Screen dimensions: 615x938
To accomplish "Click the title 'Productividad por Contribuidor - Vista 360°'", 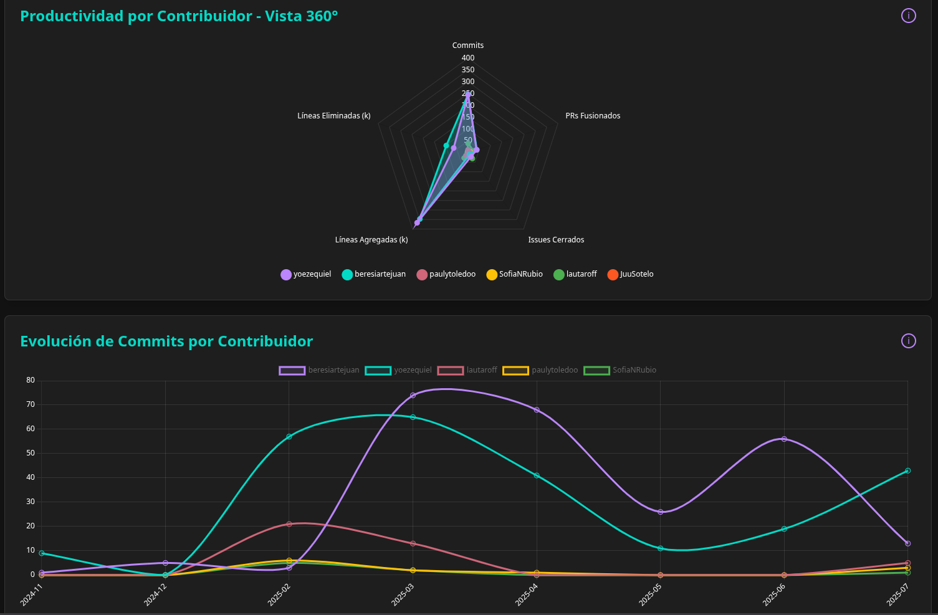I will coord(179,16).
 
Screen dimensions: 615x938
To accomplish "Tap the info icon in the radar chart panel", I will coord(908,16).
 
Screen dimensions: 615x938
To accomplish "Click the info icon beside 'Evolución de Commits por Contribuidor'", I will coord(908,341).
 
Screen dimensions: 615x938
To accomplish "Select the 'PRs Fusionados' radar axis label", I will coord(592,116).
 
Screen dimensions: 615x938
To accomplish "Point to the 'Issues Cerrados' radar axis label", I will coord(556,240).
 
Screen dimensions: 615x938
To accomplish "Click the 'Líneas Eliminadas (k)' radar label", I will coord(333,116).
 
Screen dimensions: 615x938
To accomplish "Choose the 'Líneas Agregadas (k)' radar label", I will coord(371,240).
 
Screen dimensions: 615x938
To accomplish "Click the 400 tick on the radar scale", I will coord(467,58).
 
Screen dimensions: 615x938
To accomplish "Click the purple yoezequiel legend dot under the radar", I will coord(286,275).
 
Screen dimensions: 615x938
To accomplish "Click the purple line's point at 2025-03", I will coord(413,395).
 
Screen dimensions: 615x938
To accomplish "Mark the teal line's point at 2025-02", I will coord(289,437).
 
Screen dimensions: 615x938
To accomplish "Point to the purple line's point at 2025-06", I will coord(784,439).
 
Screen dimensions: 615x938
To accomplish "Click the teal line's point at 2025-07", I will coord(907,470).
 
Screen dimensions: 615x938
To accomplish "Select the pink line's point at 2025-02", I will coord(289,524).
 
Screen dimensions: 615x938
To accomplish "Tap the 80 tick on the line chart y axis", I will coord(31,380).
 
